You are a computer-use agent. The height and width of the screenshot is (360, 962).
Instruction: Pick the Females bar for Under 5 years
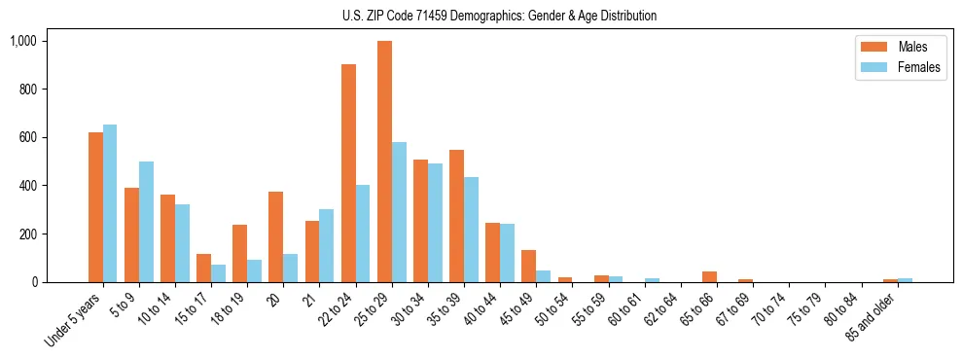110,203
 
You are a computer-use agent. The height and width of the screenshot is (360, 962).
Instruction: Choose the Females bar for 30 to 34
435,223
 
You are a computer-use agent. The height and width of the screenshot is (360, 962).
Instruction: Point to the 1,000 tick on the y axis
23,41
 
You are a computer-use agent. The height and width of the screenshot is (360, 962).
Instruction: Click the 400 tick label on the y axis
27,186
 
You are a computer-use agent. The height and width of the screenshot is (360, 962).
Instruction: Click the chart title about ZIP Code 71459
499,16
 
